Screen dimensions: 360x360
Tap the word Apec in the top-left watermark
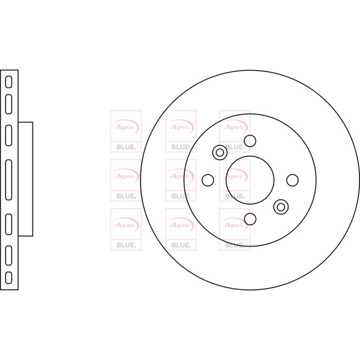pyautogui.click(x=124, y=127)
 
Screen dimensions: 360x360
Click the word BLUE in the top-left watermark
pyautogui.click(x=126, y=147)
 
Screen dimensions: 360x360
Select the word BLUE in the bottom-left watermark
pyautogui.click(x=126, y=245)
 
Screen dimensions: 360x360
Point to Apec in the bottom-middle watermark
pyautogui.click(x=180, y=225)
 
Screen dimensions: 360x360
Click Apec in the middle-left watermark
pyautogui.click(x=124, y=176)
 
